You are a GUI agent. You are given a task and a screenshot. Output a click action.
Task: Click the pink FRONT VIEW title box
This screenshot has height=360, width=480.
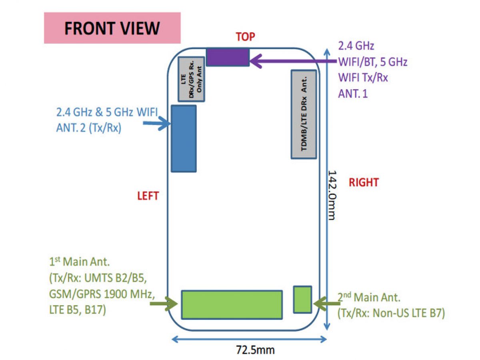(x=112, y=28)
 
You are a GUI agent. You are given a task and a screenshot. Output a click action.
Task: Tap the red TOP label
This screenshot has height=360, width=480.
(x=245, y=37)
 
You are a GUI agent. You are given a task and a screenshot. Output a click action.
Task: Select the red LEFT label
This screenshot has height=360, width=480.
(x=148, y=196)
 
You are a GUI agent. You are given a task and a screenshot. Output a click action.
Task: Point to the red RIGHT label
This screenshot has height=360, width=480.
(x=363, y=182)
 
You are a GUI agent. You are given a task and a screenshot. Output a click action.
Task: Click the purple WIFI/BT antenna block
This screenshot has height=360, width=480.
(x=228, y=57)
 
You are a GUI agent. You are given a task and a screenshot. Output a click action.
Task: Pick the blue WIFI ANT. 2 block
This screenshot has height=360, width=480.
(x=184, y=138)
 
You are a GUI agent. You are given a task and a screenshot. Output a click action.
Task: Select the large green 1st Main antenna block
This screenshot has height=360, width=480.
(x=232, y=304)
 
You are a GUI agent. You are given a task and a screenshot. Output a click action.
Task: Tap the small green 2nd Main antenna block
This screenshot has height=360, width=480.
(x=302, y=299)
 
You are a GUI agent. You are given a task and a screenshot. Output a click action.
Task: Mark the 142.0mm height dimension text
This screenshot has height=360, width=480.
(x=333, y=195)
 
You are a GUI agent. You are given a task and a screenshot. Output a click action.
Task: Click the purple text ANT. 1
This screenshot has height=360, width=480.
(x=353, y=94)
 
